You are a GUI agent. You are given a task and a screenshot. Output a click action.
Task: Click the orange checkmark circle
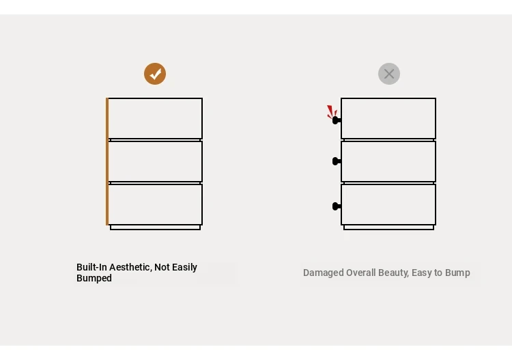coord(155,74)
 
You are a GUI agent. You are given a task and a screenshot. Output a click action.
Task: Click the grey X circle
coord(389,74)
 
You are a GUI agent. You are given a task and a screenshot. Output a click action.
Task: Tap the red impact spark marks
coord(332,112)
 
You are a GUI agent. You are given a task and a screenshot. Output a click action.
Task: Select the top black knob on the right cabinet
coord(337,120)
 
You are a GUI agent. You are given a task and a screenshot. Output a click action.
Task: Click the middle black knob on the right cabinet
coord(337,161)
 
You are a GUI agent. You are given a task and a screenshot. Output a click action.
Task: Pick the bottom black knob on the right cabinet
coord(337,206)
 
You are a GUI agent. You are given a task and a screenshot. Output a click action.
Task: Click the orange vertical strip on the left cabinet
coord(107,161)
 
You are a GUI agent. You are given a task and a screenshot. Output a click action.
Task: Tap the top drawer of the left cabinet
coord(155,118)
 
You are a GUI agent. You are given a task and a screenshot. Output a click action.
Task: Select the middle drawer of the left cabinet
coord(155,161)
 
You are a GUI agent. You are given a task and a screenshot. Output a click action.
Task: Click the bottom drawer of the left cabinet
coord(155,204)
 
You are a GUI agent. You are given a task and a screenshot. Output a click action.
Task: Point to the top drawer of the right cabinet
coord(388,118)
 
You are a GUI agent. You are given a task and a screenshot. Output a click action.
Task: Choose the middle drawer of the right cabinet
coord(388,161)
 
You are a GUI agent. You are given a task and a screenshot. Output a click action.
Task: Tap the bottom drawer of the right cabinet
coord(388,204)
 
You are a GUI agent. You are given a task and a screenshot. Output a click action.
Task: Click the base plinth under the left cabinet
coord(155,227)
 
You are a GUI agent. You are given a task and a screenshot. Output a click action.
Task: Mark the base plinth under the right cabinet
coord(388,227)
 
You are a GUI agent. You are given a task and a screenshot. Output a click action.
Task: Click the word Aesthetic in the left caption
coord(130,267)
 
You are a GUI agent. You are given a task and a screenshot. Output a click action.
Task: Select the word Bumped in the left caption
coord(94,278)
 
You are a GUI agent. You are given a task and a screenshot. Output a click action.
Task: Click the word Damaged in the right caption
coord(324,273)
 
